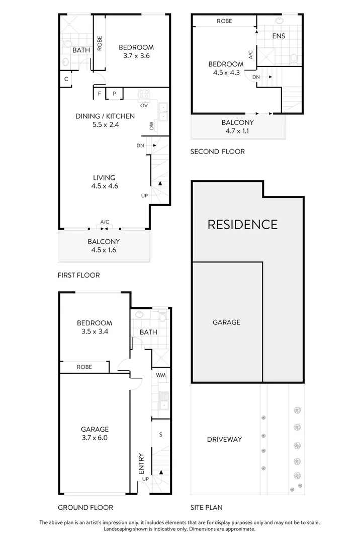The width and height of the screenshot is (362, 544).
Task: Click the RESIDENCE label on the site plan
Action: (242, 224)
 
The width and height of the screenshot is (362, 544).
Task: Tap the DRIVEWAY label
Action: (224, 439)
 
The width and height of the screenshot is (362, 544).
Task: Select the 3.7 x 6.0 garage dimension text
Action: (95, 438)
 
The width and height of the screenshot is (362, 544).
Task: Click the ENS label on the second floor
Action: (279, 36)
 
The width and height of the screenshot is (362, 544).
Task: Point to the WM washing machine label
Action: (160, 375)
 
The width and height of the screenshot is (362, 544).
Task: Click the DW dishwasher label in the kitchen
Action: (152, 126)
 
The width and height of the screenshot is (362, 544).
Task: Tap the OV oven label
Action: (144, 105)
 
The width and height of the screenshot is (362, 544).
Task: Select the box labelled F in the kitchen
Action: (100, 94)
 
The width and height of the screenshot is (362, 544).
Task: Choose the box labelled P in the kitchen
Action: (114, 94)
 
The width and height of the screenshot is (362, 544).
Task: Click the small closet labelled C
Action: (66, 79)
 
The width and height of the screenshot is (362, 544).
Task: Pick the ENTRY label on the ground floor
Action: (141, 464)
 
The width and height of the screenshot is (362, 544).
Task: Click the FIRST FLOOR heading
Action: (79, 275)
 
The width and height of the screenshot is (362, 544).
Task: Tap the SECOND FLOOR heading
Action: (218, 151)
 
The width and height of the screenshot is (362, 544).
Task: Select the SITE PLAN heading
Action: (207, 507)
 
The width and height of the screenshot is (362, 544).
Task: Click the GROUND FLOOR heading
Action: (85, 507)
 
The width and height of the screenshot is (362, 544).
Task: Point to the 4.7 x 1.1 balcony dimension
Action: (238, 131)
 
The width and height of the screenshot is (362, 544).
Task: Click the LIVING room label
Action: (104, 177)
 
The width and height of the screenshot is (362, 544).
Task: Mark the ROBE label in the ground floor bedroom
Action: (84, 367)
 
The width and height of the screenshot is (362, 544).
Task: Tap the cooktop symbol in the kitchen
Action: (144, 94)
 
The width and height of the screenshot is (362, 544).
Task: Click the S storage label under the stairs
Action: (160, 434)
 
